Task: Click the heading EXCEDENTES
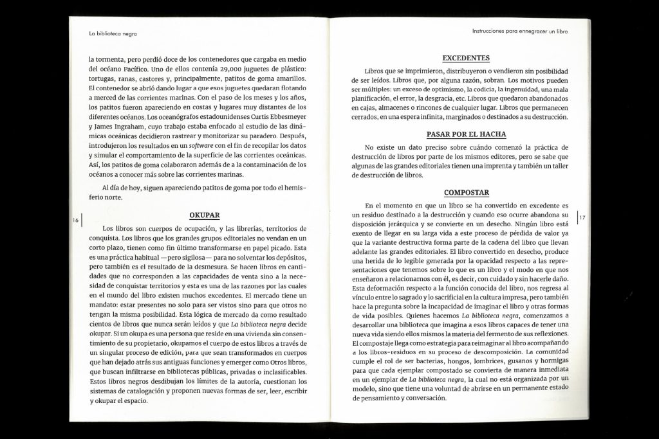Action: pos(466,58)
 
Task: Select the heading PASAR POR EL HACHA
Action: pos(466,134)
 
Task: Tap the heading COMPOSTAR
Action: pos(466,192)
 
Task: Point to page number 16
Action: pos(75,220)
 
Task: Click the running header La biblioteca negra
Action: pos(113,33)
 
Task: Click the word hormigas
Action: pos(552,362)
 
